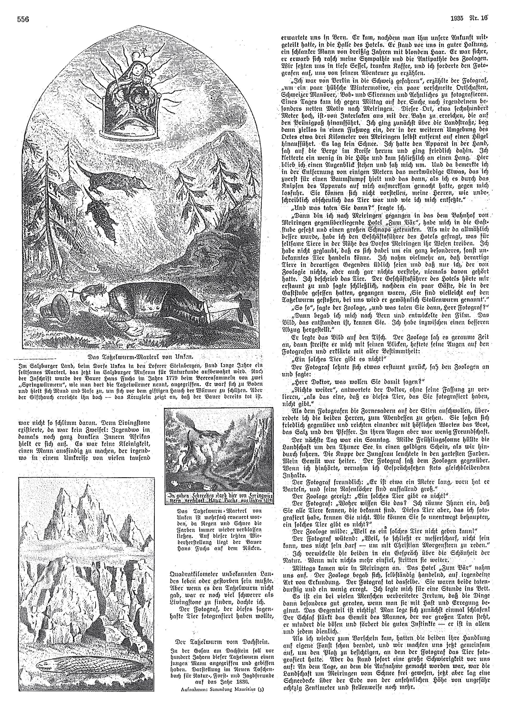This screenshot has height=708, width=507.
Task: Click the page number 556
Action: pyautogui.click(x=23, y=19)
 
